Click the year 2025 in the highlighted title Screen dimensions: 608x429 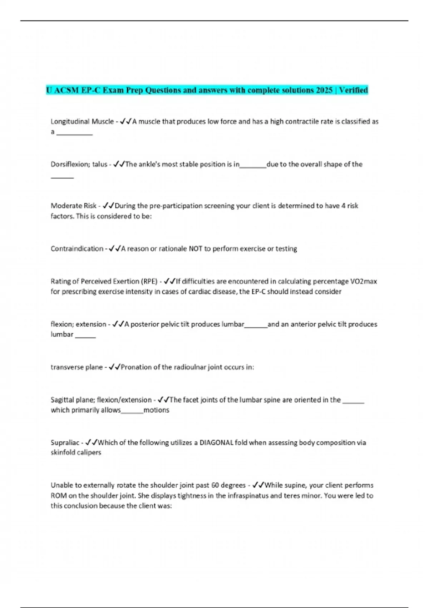click(324, 90)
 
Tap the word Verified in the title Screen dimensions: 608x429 click(353, 90)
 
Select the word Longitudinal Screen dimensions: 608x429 click(70, 122)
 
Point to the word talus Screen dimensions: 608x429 click(100, 165)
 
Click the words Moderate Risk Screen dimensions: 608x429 click(73, 206)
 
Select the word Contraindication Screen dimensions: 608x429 click(77, 249)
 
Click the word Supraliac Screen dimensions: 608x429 click(65, 443)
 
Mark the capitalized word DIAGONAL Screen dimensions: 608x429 click(216, 443)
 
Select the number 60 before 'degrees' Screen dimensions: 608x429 click(215, 485)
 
